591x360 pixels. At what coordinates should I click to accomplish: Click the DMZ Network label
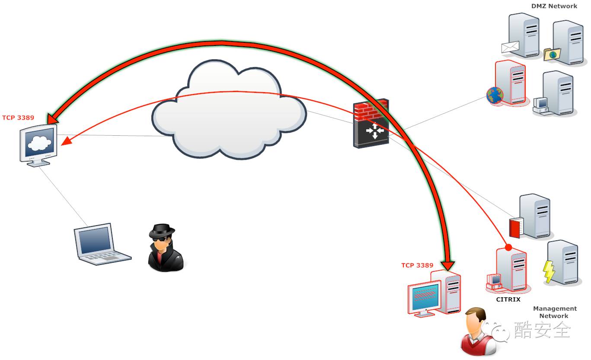(554, 6)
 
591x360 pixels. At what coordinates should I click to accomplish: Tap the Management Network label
(555, 312)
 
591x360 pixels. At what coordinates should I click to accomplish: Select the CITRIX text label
(508, 299)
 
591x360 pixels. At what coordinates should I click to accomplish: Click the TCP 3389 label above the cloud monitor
(18, 117)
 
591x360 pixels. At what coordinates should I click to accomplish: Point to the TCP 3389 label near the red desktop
(417, 265)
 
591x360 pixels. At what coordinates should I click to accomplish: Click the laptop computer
(101, 244)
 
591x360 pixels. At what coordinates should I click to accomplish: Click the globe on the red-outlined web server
(495, 95)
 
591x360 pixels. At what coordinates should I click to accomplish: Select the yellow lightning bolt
(549, 272)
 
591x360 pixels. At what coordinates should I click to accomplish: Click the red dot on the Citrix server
(508, 248)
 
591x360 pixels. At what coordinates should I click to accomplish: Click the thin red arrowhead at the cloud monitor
(66, 142)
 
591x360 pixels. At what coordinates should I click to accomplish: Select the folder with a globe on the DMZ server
(552, 54)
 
